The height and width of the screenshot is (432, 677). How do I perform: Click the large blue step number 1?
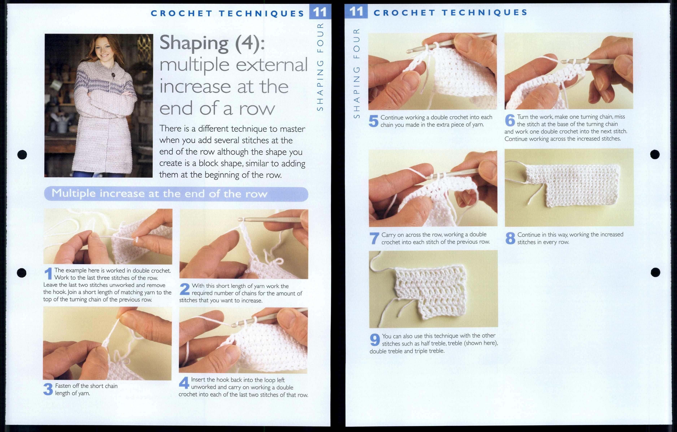click(48, 274)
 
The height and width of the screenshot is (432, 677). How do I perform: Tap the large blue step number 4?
click(184, 383)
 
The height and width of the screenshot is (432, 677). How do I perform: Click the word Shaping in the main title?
click(194, 43)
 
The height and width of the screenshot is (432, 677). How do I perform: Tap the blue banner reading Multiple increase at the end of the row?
click(176, 194)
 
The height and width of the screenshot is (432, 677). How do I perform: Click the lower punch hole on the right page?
click(655, 272)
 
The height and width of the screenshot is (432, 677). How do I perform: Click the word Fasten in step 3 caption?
click(63, 386)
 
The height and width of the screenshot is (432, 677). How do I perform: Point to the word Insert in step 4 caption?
click(198, 380)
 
